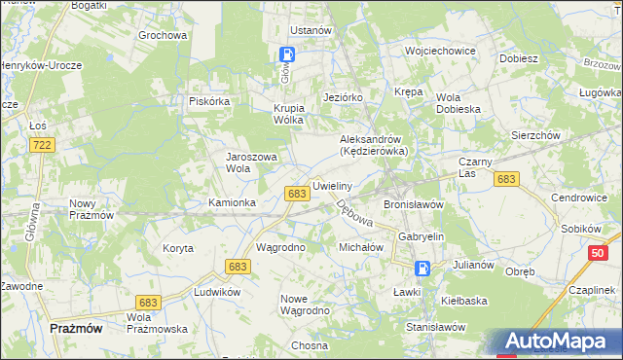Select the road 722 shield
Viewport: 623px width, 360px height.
click(x=41, y=144)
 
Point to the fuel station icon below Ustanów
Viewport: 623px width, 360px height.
click(x=289, y=55)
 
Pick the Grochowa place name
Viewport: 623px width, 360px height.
click(x=163, y=36)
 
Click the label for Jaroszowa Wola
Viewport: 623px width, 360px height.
click(x=252, y=162)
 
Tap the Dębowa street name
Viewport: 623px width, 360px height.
click(x=354, y=214)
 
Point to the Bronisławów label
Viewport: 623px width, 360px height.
click(x=414, y=205)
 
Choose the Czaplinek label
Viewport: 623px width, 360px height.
click(x=590, y=290)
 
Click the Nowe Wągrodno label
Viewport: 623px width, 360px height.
click(x=305, y=305)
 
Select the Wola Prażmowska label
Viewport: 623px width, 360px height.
click(x=157, y=323)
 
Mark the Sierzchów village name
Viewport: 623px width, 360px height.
click(x=534, y=135)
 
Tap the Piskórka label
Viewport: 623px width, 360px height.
click(x=208, y=100)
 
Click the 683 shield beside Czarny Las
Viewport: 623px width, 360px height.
click(x=505, y=179)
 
